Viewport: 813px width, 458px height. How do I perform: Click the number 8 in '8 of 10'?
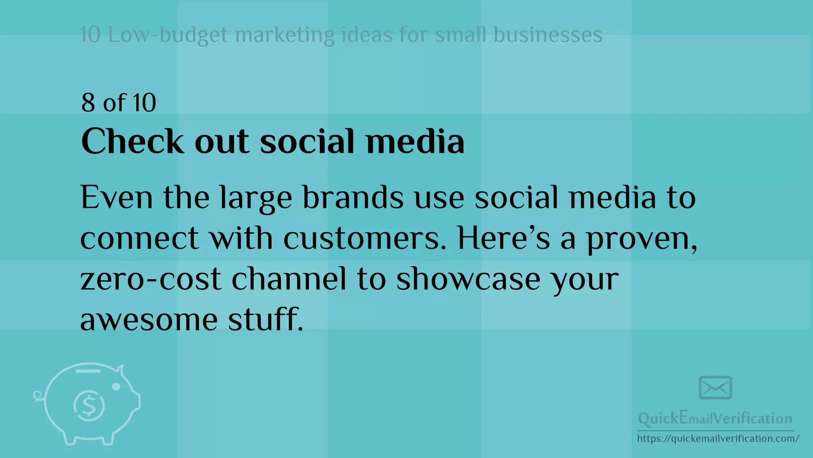click(x=88, y=103)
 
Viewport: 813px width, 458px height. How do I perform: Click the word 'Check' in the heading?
click(x=132, y=141)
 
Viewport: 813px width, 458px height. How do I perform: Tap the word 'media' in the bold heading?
click(x=415, y=141)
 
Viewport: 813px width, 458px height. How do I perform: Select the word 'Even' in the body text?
click(x=116, y=197)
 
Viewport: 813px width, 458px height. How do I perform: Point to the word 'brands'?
click(x=353, y=197)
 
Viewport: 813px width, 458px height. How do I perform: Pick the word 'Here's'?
click(x=503, y=238)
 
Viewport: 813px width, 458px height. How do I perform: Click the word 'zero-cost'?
click(x=150, y=279)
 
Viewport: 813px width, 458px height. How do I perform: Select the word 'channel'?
click(x=289, y=279)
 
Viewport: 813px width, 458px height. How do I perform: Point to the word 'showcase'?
click(x=468, y=279)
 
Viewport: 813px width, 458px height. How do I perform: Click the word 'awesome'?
click(x=149, y=319)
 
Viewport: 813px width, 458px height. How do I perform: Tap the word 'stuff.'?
click(x=266, y=319)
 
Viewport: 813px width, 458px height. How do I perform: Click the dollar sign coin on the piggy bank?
click(x=89, y=406)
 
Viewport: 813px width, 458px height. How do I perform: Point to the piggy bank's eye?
click(x=116, y=386)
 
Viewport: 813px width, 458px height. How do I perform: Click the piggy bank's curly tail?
click(x=38, y=396)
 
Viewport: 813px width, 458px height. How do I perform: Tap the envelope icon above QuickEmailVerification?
click(x=715, y=388)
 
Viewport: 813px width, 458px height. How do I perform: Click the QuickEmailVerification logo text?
click(x=715, y=418)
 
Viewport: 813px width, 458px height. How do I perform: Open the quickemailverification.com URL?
click(x=718, y=439)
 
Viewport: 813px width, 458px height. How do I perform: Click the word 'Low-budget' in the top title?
click(x=168, y=35)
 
